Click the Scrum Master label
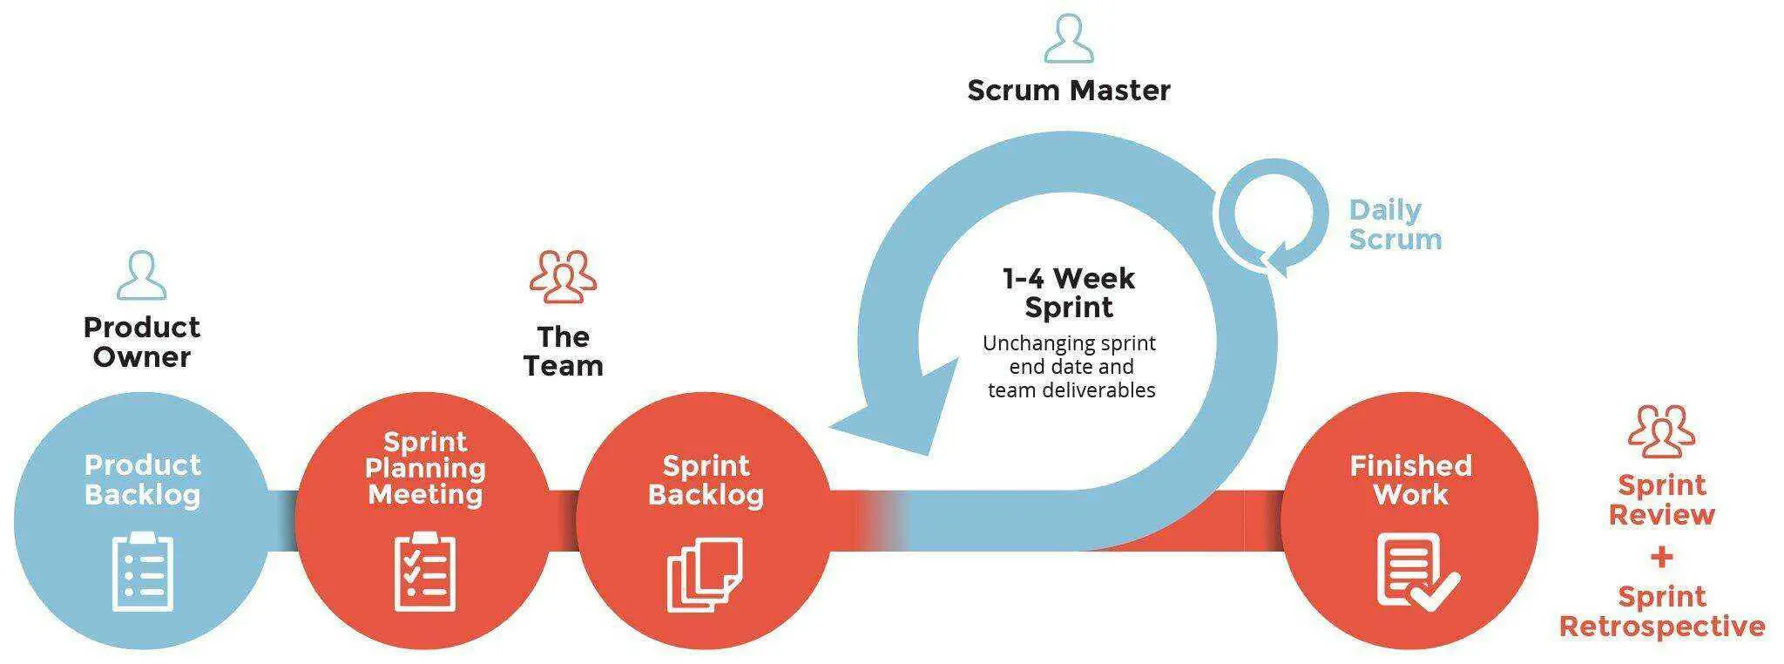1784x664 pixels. [1069, 91]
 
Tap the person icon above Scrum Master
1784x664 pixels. [1069, 37]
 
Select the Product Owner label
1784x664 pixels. [142, 342]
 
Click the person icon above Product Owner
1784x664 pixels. [141, 275]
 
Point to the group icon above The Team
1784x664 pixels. [564, 276]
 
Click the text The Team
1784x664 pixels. [564, 351]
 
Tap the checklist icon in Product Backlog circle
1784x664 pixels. [143, 571]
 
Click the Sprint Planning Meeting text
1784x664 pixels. [425, 468]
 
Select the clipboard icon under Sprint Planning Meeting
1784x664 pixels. [425, 571]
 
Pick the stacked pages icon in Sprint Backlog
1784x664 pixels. [705, 574]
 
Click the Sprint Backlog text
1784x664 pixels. [706, 480]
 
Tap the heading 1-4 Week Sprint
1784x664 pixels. [1069, 293]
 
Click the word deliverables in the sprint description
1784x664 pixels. [1099, 390]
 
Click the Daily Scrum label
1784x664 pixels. [1395, 225]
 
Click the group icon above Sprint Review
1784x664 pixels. [1661, 431]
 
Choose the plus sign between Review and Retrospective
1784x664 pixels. [1661, 556]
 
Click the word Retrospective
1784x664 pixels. [1662, 627]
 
